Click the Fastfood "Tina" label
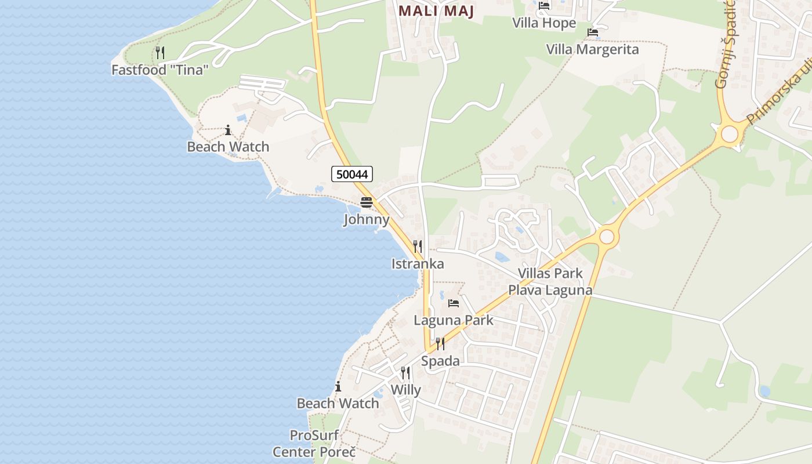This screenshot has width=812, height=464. tap(160, 70)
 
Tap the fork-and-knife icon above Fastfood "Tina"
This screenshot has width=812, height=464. tap(160, 53)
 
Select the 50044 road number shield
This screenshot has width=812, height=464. tap(352, 173)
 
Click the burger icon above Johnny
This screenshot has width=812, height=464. tap(367, 202)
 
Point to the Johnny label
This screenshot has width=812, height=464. tap(367, 220)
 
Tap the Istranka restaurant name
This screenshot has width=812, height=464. tap(418, 264)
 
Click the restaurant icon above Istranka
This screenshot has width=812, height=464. tap(418, 246)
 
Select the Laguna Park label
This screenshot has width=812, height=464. tap(454, 320)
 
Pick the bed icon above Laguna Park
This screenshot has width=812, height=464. tap(454, 303)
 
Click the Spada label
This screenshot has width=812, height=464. tap(440, 361)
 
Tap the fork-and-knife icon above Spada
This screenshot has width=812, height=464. tap(440, 344)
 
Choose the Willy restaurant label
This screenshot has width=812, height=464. tap(405, 390)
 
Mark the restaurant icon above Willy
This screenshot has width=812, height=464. tap(405, 373)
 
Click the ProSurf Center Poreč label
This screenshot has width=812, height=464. tap(314, 444)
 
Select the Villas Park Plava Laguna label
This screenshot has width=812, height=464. tap(550, 281)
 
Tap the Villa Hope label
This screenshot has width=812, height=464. tap(544, 23)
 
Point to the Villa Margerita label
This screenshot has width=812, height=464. tap(592, 49)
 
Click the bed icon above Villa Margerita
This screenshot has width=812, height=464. tap(592, 32)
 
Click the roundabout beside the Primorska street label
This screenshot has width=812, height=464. tap(729, 134)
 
